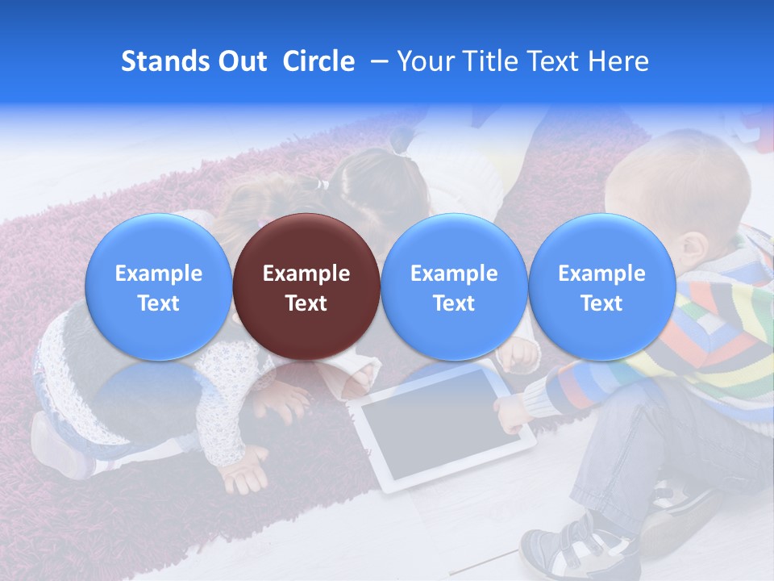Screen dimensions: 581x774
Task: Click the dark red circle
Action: (306, 286)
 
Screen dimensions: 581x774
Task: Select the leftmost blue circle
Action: (158, 286)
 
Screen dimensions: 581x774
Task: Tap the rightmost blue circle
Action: (601, 286)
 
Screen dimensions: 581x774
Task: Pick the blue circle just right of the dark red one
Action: (454, 286)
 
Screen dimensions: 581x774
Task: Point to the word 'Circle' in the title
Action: (318, 61)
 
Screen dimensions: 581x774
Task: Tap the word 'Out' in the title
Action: (240, 61)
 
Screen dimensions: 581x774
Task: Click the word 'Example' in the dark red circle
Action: (306, 274)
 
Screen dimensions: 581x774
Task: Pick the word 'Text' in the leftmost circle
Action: (158, 303)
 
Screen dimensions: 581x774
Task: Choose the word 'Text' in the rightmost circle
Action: (601, 303)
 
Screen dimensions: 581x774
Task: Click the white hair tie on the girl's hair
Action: (322, 185)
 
